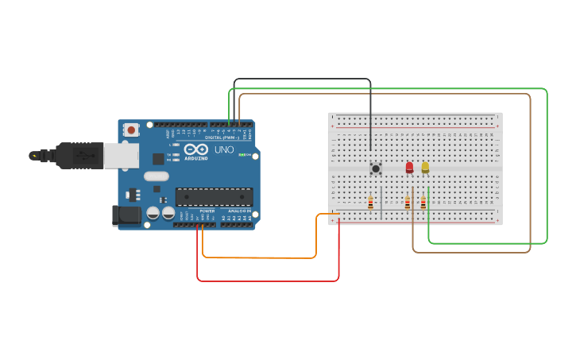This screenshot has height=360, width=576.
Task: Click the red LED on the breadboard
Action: tap(409, 167)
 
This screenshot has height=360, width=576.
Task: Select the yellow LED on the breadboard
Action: tap(425, 167)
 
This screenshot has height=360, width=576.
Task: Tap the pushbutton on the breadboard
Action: tap(376, 168)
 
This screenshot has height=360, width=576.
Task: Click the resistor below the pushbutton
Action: tap(370, 203)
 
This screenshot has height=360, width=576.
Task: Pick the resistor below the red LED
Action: tap(408, 203)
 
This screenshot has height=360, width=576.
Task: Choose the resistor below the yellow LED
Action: tap(423, 203)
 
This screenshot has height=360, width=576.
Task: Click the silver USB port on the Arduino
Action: tap(121, 156)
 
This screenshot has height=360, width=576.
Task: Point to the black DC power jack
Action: tap(125, 214)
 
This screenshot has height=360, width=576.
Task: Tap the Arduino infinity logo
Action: tap(195, 149)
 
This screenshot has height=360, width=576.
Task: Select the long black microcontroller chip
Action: tap(214, 196)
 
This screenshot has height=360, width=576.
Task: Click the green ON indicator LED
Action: tap(240, 154)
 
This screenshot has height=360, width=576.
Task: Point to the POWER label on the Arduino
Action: tap(207, 211)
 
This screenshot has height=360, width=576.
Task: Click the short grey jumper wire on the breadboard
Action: tap(381, 203)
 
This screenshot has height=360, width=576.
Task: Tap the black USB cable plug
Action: tap(75, 155)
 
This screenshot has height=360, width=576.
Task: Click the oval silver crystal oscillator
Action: tap(157, 176)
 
